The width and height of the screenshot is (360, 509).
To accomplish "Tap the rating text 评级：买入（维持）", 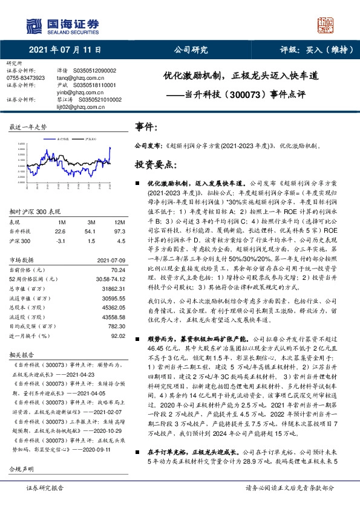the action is pyautogui.click(x=315, y=50).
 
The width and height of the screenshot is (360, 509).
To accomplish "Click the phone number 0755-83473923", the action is pyautogui.click(x=25, y=79).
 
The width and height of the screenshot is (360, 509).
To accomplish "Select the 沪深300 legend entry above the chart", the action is pyautogui.click(x=90, y=138).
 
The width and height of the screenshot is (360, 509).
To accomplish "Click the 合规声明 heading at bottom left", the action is pyautogui.click(x=20, y=468).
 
